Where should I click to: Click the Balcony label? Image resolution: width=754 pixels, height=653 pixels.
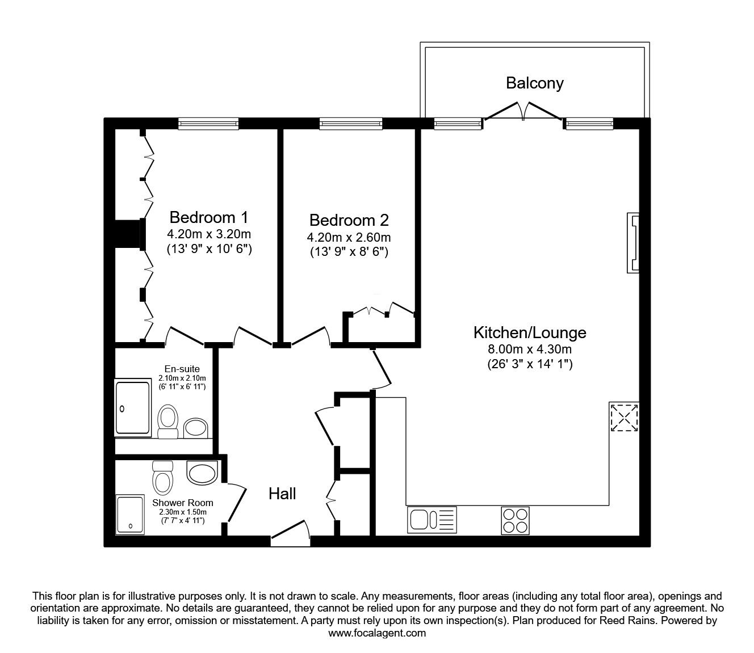tap(534, 83)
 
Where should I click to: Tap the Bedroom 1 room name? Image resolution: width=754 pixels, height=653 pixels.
tap(208, 217)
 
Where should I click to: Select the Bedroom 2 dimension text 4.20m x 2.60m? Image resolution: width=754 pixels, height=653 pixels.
tap(349, 237)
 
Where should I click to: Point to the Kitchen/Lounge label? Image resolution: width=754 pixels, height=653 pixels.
tap(530, 332)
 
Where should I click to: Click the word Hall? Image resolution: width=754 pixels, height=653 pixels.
tap(282, 494)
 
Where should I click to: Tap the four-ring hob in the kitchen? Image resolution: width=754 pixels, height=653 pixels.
tap(515, 521)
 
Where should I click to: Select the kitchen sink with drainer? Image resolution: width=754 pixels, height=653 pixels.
tap(432, 520)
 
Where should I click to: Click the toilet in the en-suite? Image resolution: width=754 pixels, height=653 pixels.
tap(168, 421)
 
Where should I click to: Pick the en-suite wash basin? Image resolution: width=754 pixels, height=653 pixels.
tap(195, 428)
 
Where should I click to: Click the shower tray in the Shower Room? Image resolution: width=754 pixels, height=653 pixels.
tap(130, 515)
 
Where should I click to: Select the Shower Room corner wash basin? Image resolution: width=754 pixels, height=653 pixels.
tap(202, 473)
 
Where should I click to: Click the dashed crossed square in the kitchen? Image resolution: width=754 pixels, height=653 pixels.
tap(624, 417)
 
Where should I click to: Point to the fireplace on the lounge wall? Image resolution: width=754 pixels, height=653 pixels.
tap(633, 243)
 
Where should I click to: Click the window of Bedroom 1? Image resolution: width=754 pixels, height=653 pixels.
tap(208, 124)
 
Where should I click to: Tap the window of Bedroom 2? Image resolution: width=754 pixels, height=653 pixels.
tap(351, 124)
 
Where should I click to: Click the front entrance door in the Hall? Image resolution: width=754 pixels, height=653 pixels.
tap(290, 534)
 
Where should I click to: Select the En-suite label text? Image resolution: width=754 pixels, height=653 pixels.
tap(182, 369)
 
